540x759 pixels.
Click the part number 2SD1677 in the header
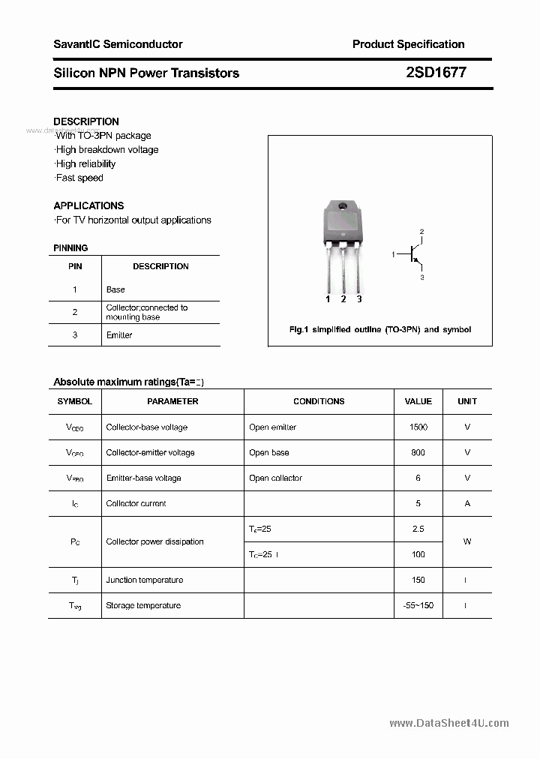435,73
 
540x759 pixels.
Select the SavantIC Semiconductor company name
118,44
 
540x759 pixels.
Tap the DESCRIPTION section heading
86,121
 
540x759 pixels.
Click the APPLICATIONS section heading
88,205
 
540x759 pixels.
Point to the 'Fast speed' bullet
79,178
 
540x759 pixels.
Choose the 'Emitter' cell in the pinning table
119,335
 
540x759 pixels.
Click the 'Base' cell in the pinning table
115,289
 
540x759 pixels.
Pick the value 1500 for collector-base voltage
418,427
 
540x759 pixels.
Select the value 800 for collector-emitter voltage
418,452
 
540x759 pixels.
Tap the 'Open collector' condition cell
275,478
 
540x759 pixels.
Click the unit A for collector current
467,503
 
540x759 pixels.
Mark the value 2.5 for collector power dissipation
418,529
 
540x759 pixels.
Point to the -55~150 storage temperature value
418,605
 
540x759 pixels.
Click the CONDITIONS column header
319,401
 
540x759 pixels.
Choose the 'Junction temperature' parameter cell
145,580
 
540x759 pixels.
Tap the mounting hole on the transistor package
343,207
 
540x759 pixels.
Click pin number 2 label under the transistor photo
343,299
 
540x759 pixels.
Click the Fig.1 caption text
379,329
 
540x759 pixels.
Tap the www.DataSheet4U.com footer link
449,723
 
